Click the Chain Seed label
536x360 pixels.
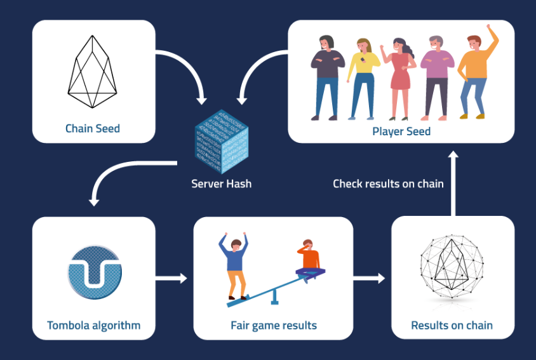pyautogui.click(x=93, y=128)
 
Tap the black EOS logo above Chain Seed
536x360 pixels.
pyautogui.click(x=92, y=72)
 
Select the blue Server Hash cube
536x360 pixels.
pyautogui.click(x=222, y=142)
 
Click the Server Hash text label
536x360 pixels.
pyautogui.click(x=222, y=183)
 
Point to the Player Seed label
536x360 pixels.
pyautogui.click(x=401, y=131)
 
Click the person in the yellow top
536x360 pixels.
pyautogui.click(x=363, y=79)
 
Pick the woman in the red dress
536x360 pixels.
pyautogui.click(x=399, y=79)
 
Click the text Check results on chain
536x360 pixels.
pyautogui.click(x=388, y=183)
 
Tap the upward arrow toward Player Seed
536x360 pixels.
pyautogui.click(x=453, y=183)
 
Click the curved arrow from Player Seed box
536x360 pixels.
pyautogui.click(x=252, y=64)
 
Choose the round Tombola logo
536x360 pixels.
pyautogui.click(x=95, y=272)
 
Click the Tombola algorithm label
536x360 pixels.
pyautogui.click(x=93, y=325)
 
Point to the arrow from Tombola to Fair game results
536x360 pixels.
pyautogui.click(x=171, y=278)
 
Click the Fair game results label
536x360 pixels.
pyautogui.click(x=274, y=325)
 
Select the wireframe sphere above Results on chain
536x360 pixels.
pyautogui.click(x=452, y=267)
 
